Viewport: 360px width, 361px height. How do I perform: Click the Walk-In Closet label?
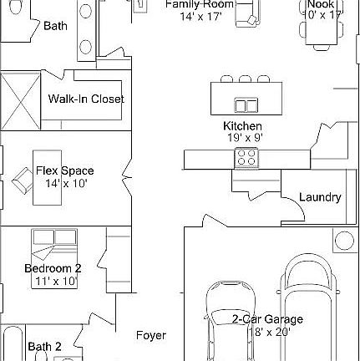tap(85, 99)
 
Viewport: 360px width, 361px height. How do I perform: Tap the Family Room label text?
tap(198, 4)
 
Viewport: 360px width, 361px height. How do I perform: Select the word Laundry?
tap(320, 197)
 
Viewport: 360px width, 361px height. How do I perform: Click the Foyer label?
tap(151, 335)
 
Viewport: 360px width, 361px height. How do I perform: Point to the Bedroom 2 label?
tap(53, 268)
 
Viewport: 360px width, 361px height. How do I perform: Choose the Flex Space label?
tap(64, 170)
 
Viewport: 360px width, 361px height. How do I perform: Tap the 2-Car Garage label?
tap(267, 318)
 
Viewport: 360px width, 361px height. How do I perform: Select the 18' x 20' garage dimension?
tap(268, 331)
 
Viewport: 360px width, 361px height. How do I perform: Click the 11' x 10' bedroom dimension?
tap(55, 282)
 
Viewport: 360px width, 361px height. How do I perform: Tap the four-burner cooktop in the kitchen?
tap(246, 156)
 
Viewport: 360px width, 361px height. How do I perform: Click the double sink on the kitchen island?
tap(246, 105)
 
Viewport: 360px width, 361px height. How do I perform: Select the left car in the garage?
tap(231, 322)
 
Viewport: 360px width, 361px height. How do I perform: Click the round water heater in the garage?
tap(344, 242)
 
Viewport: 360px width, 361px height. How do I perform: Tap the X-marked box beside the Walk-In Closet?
tap(20, 99)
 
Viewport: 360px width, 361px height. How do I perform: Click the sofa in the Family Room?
tap(245, 15)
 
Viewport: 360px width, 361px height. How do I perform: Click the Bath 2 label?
tap(44, 346)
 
